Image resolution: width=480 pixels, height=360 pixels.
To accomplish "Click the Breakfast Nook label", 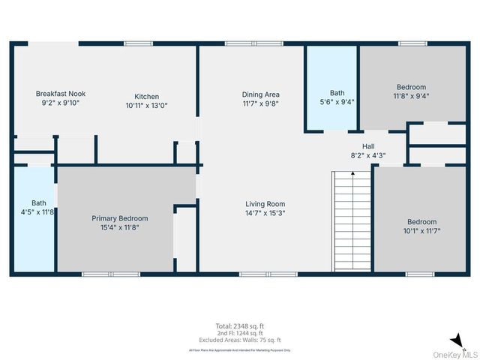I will point(61,94).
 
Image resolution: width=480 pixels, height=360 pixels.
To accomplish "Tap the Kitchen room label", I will point(146,96).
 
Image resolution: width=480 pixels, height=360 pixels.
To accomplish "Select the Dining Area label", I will point(260,94).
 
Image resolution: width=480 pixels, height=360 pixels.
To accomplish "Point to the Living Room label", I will point(265,204).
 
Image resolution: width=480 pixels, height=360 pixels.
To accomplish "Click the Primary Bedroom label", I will point(120,218).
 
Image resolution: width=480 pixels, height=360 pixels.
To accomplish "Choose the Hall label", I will point(367,146).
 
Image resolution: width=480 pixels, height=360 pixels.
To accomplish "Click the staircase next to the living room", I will point(352,220).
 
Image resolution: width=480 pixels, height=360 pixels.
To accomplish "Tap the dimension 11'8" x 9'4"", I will point(411,96).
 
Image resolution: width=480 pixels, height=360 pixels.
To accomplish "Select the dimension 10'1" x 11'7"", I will point(421,231).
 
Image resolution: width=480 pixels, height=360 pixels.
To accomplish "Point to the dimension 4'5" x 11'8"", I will point(39,212).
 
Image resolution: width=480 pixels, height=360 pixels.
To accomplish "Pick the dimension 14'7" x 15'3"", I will point(265,213).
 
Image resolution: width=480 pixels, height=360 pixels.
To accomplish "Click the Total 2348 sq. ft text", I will point(239,326).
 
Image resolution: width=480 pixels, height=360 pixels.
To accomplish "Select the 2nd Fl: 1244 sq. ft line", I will point(239,334).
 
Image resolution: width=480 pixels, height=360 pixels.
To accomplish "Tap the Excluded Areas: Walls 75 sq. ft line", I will point(239,341).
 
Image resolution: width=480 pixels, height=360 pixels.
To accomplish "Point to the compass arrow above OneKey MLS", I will point(456,340).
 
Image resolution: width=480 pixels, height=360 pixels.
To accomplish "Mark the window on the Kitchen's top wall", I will point(139,43).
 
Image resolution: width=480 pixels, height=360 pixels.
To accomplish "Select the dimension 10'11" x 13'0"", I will point(146,106).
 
